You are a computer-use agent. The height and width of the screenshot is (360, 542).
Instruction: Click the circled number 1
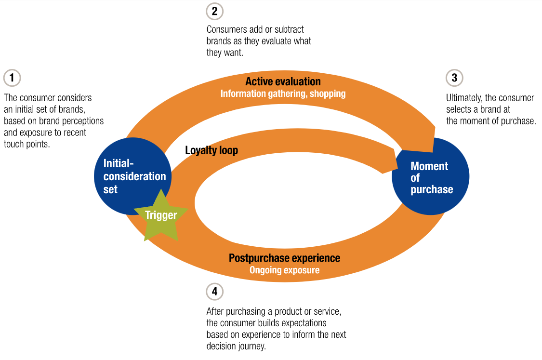(x=12, y=78)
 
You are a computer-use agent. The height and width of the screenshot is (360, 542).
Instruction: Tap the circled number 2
(x=214, y=11)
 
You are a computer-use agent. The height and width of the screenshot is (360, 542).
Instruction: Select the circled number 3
(x=454, y=78)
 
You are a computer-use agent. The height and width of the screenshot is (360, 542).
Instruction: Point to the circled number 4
(x=214, y=292)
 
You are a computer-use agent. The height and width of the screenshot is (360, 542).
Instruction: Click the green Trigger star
(x=161, y=216)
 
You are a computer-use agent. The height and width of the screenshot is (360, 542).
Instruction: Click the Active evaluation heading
(x=283, y=81)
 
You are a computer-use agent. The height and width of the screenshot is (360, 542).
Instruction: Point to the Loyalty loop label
(x=212, y=150)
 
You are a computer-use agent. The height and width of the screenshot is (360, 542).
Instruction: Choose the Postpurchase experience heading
(x=284, y=258)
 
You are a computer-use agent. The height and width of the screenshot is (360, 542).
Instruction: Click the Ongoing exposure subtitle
(x=284, y=270)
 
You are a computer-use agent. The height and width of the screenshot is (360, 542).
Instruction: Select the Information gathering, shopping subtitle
(x=283, y=93)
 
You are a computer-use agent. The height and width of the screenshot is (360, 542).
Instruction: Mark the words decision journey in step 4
(x=236, y=346)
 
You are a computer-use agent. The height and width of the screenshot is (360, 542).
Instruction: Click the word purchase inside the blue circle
(x=432, y=189)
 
